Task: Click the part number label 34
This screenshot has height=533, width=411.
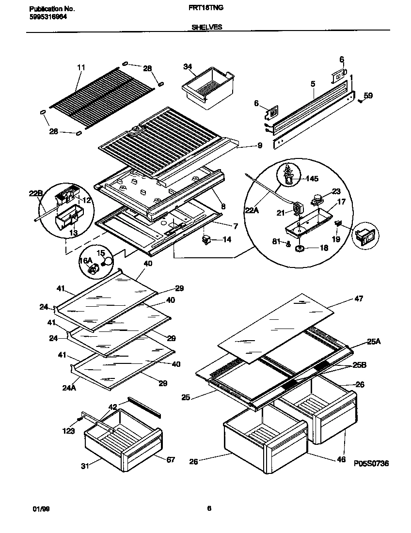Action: tap(188, 66)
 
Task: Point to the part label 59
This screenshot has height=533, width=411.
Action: tap(368, 96)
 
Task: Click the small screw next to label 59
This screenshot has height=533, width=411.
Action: tap(361, 101)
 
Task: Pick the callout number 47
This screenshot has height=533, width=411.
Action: tap(359, 298)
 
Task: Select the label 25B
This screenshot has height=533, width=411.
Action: tap(360, 364)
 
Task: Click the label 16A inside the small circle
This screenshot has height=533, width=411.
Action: tap(86, 261)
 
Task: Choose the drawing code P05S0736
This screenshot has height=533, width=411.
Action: tap(371, 464)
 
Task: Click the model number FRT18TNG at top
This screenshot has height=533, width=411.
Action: tap(205, 8)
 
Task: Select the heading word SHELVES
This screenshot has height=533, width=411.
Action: tap(207, 28)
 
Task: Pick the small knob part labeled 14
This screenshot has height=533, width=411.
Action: tap(206, 239)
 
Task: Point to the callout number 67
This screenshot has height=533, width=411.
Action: tap(171, 459)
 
